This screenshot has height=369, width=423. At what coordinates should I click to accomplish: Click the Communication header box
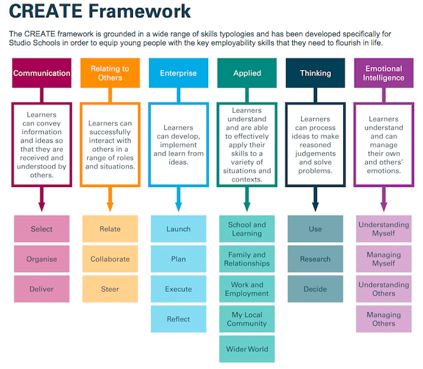pyautogui.click(x=42, y=73)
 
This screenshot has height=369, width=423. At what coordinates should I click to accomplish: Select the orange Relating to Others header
pyautogui.click(x=110, y=73)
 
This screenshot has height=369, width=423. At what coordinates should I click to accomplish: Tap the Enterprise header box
pyautogui.click(x=178, y=73)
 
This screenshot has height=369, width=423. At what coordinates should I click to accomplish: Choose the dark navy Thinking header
pyautogui.click(x=315, y=73)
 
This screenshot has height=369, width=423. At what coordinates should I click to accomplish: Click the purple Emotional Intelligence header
pyautogui.click(x=384, y=73)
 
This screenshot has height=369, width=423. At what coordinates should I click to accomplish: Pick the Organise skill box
pyautogui.click(x=42, y=259)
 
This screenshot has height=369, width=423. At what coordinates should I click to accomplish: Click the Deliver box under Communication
pyautogui.click(x=42, y=289)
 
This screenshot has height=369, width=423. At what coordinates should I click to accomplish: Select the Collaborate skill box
pyautogui.click(x=110, y=259)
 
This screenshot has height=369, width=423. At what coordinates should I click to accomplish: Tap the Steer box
pyautogui.click(x=110, y=289)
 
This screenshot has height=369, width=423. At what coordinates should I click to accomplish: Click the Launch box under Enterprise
pyautogui.click(x=178, y=228)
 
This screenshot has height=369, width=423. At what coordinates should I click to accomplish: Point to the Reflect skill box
pyautogui.click(x=178, y=319)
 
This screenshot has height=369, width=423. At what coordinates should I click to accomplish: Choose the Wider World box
pyautogui.click(x=247, y=349)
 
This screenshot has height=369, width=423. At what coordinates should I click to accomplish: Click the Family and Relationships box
pyautogui.click(x=247, y=259)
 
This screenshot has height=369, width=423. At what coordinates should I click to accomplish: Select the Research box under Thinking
pyautogui.click(x=315, y=259)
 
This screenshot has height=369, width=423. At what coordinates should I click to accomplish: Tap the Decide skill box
pyautogui.click(x=315, y=289)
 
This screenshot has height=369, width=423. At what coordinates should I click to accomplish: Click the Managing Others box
pyautogui.click(x=384, y=319)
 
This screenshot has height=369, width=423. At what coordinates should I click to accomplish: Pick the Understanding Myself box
pyautogui.click(x=384, y=228)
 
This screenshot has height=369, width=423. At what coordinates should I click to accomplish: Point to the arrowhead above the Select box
pyautogui.click(x=42, y=207)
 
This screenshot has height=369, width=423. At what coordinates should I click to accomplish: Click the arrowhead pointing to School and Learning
pyautogui.click(x=247, y=207)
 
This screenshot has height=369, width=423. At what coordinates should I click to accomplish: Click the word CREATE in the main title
pyautogui.click(x=45, y=11)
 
